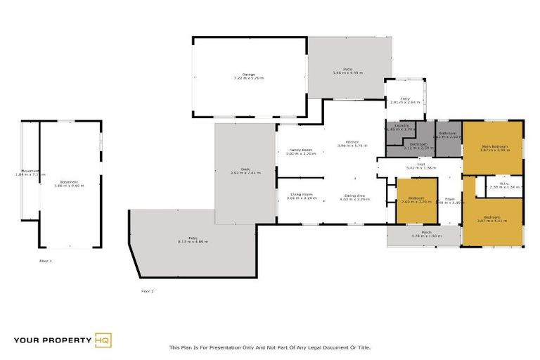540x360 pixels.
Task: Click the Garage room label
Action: coord(248,75)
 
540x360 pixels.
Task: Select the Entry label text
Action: coord(405,99)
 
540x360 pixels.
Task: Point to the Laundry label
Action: coord(401,127)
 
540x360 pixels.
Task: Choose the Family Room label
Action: coord(302,150)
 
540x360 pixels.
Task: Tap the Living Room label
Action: coord(302,196)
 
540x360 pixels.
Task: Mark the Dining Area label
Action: coord(354,196)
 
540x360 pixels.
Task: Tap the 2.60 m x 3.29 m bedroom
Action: coord(416,200)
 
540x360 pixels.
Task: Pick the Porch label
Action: coord(426,233)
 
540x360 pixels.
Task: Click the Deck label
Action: coord(245,170)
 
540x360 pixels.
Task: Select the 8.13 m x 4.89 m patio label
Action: coord(193,240)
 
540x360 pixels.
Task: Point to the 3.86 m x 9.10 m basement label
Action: coord(69,184)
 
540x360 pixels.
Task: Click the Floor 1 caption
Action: coord(46,261)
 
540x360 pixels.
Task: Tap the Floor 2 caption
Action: coord(147,290)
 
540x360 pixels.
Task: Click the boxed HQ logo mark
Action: coord(103,341)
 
